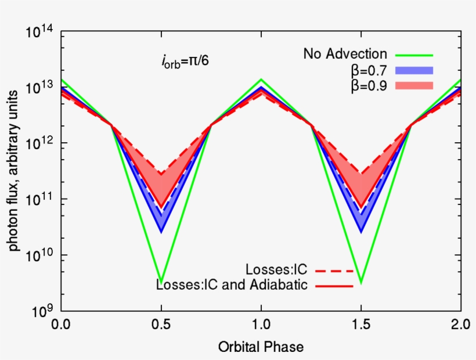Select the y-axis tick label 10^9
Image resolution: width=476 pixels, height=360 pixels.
click(x=41, y=311)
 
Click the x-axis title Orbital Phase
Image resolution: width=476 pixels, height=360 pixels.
click(x=261, y=347)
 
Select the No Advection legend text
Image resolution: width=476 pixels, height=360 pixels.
click(x=345, y=55)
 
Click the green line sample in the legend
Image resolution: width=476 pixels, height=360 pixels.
click(x=414, y=55)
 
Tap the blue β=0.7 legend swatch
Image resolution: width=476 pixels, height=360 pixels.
click(x=414, y=71)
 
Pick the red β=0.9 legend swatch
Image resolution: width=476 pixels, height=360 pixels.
click(x=414, y=86)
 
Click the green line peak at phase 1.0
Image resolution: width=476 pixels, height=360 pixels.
click(x=261, y=80)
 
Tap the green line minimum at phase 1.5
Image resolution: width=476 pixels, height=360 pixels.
click(x=361, y=283)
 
